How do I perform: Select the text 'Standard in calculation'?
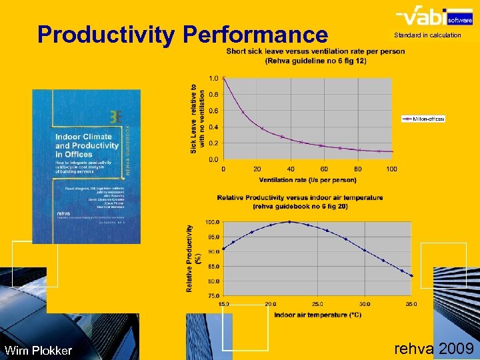pos(427,35)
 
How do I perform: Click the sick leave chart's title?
pos(315,56)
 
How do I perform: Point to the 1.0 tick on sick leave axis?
pos(213,78)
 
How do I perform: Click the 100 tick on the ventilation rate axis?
pos(391,169)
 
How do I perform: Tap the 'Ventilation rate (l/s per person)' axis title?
pos(307,180)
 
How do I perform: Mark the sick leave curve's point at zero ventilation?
pos(223,78)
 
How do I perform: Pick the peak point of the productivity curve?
pos(289,221)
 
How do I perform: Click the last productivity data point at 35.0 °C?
pos(411,275)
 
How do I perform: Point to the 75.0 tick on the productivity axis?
pos(213,295)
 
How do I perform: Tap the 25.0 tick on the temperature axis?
pos(318,304)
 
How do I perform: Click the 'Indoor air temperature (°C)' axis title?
pos(318,315)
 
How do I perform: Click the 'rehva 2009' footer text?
pos(434,348)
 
